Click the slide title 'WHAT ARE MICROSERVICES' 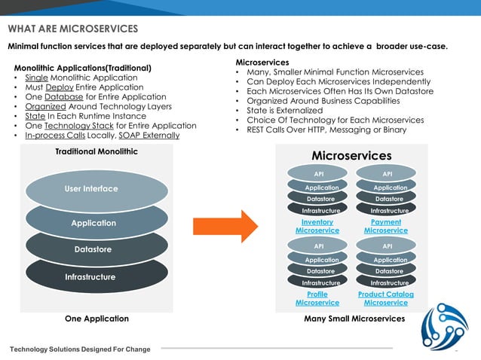[73, 29]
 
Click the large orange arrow [225, 226]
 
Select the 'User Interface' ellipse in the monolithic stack [90, 188]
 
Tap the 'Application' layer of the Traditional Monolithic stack [93, 223]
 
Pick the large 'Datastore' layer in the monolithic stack [93, 249]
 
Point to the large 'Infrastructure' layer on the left [90, 277]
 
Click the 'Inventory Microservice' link [317, 226]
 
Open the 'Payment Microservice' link [386, 226]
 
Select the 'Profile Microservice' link [317, 298]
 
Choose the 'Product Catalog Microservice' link [386, 298]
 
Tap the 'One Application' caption [97, 319]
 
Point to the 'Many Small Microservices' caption [354, 319]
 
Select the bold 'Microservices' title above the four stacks [351, 155]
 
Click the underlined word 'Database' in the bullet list [64, 97]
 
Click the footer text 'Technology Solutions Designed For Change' [80, 349]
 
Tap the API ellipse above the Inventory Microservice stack [318, 174]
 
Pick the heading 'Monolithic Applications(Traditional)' [83, 68]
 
